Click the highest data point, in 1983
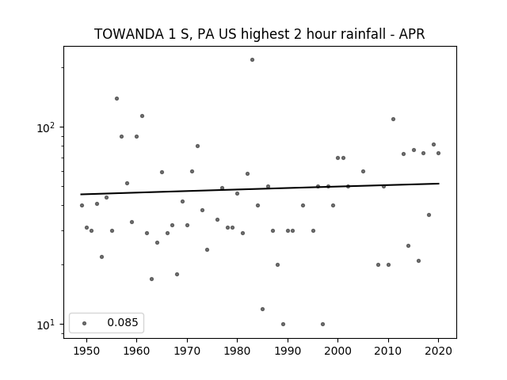point(252,60)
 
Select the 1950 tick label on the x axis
point(86,351)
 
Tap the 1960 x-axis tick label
point(136,351)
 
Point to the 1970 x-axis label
point(187,351)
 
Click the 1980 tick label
point(238,351)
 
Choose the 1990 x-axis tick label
point(288,351)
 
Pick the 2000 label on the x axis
point(338,351)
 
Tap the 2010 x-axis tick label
point(388,351)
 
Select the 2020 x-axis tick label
point(438,351)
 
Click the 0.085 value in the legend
point(123,322)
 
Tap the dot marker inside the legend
point(85,323)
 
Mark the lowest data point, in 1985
point(262,310)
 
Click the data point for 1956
point(116,98)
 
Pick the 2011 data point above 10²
point(393,120)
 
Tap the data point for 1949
point(82,206)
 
